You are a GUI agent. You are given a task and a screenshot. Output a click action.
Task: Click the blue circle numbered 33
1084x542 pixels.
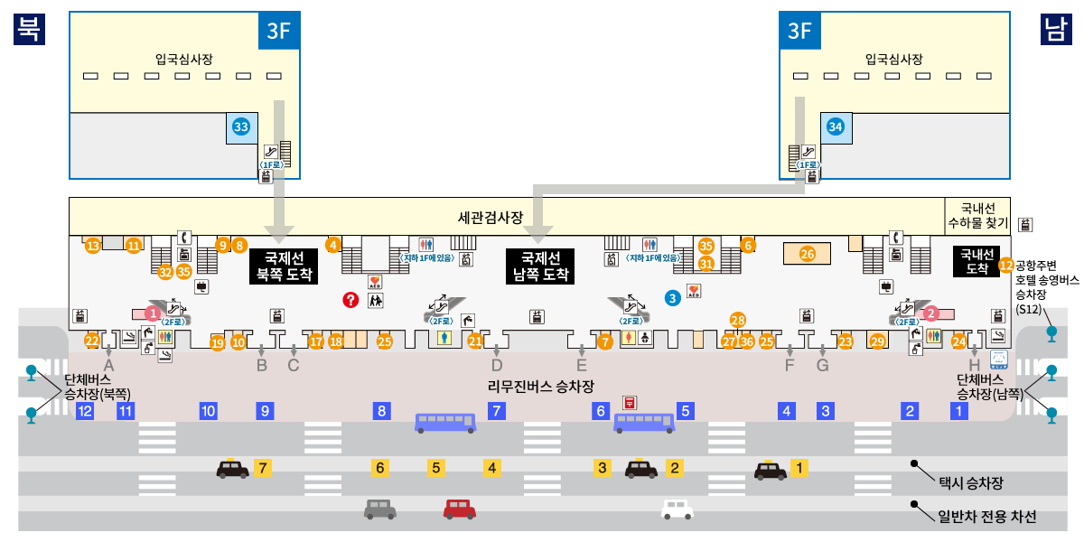241,127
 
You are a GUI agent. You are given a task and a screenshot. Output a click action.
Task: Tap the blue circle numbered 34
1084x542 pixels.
836,127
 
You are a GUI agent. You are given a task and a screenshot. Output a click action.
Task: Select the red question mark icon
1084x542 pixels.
351,299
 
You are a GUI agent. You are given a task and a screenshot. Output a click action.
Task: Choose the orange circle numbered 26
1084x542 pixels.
808,254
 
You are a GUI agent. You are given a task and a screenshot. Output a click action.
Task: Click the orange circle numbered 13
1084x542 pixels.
92,246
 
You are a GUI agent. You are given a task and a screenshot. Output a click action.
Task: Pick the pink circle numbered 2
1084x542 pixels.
933,313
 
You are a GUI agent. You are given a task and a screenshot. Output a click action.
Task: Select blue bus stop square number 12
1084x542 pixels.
85,411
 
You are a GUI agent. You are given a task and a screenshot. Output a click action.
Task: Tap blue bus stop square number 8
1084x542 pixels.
382,411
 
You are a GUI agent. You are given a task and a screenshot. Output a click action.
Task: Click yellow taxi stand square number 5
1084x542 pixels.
436,468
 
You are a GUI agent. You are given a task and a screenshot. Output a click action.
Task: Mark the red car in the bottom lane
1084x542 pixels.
459,509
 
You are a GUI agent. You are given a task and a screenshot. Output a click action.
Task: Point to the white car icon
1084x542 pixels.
677,509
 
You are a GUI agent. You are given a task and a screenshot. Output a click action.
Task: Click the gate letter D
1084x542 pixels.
496,366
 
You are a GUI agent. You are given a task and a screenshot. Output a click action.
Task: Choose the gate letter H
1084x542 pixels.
974,366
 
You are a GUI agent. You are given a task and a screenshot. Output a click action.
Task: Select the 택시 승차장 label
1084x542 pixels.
971,483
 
